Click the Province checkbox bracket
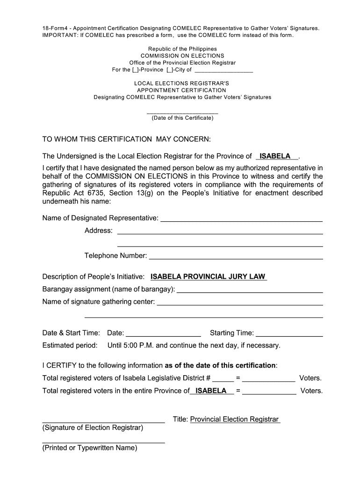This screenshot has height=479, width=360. click(x=135, y=70)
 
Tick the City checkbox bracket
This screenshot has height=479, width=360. click(x=169, y=70)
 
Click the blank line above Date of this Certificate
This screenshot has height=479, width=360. click(x=182, y=113)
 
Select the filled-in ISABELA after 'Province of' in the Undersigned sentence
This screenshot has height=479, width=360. click(x=275, y=156)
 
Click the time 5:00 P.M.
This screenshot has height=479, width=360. click(x=138, y=346)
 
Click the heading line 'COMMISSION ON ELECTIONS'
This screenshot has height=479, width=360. click(x=182, y=56)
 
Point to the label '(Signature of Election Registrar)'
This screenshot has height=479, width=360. click(x=93, y=428)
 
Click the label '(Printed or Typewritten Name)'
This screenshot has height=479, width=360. click(x=90, y=448)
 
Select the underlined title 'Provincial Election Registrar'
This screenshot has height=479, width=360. click(x=234, y=419)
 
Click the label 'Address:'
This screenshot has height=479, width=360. click(x=99, y=231)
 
